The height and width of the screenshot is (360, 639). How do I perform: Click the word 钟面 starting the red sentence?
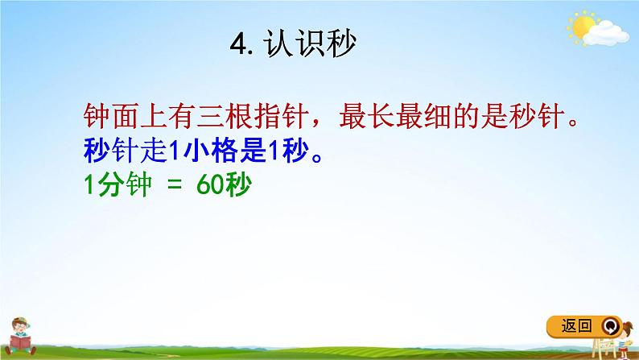pos(109,118)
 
